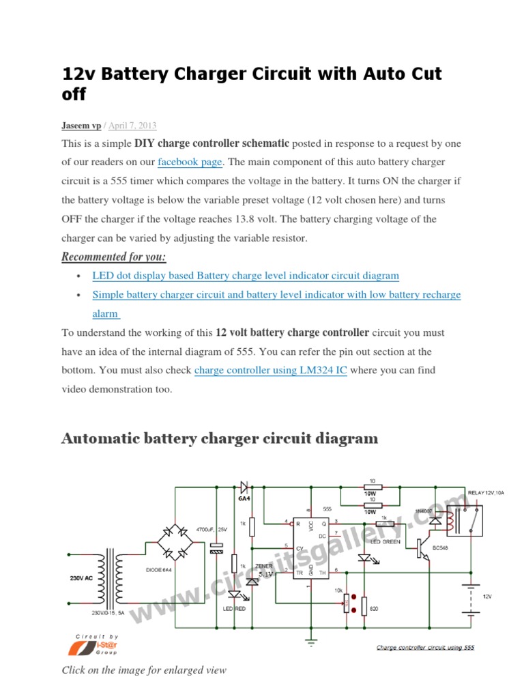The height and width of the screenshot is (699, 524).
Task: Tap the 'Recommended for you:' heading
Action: [x=114, y=257]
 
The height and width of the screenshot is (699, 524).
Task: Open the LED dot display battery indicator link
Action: [x=246, y=276]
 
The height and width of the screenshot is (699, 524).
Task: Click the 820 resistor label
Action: [x=374, y=608]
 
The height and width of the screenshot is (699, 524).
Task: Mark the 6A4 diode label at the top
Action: [x=244, y=499]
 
